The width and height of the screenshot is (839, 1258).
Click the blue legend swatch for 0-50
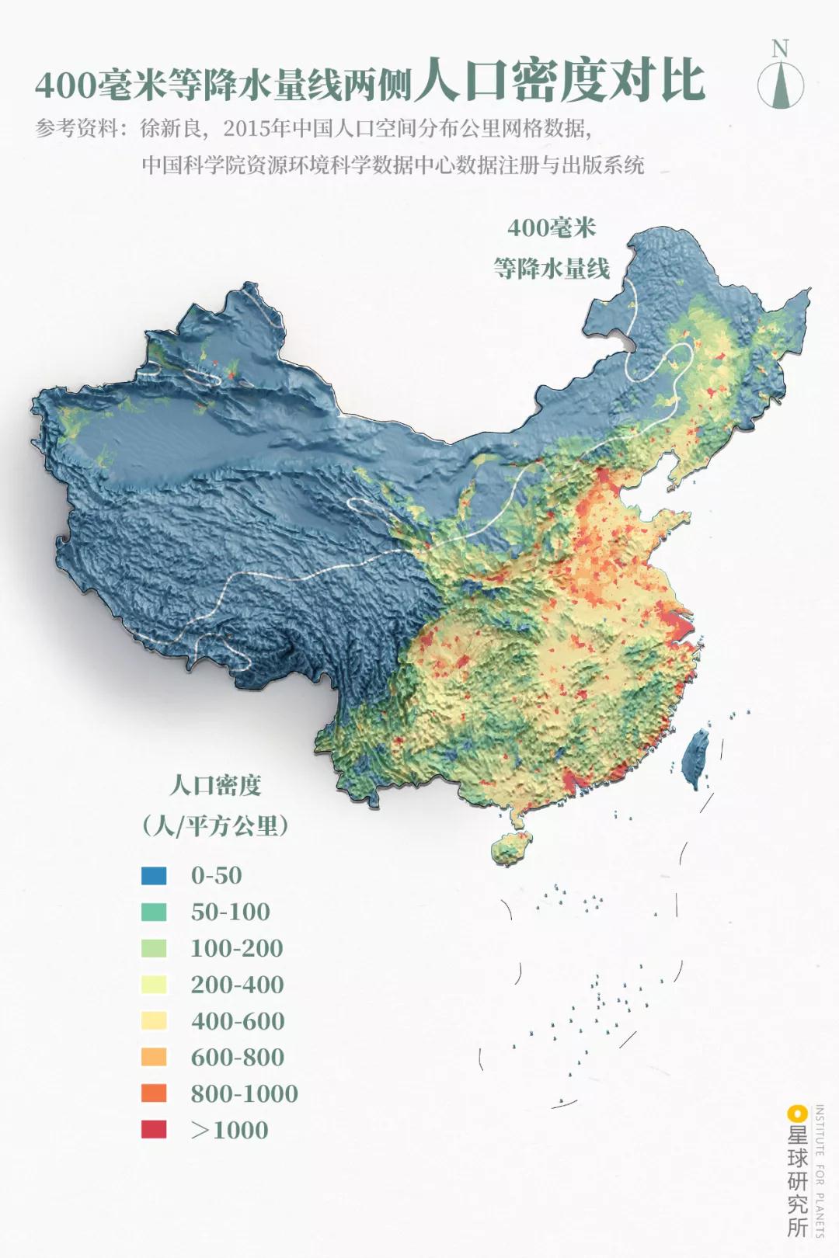(x=154, y=875)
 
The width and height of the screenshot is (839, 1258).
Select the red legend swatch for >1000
(x=154, y=1130)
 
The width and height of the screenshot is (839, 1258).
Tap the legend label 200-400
(x=237, y=985)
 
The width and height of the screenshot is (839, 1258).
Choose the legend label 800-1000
(x=244, y=1093)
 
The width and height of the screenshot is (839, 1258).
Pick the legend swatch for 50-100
(x=154, y=912)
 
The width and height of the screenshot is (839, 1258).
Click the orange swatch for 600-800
(x=154, y=1057)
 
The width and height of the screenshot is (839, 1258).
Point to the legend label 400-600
(x=237, y=1021)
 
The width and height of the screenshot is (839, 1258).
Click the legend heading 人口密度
(x=215, y=785)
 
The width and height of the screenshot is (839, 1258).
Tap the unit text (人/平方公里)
(x=215, y=825)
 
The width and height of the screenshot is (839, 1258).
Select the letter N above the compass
(x=780, y=48)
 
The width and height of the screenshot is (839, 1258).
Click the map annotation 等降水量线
(x=552, y=269)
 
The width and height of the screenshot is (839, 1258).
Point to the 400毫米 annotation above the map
(x=552, y=228)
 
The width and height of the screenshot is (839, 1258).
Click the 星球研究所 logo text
(x=797, y=1180)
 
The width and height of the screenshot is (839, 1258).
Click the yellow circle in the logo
(x=795, y=1113)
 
